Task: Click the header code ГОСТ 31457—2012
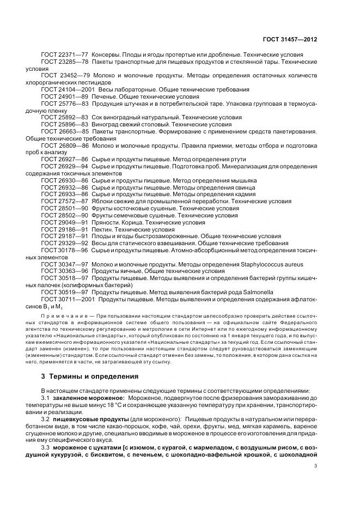(x=291, y=40)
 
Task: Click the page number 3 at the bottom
(x=316, y=465)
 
